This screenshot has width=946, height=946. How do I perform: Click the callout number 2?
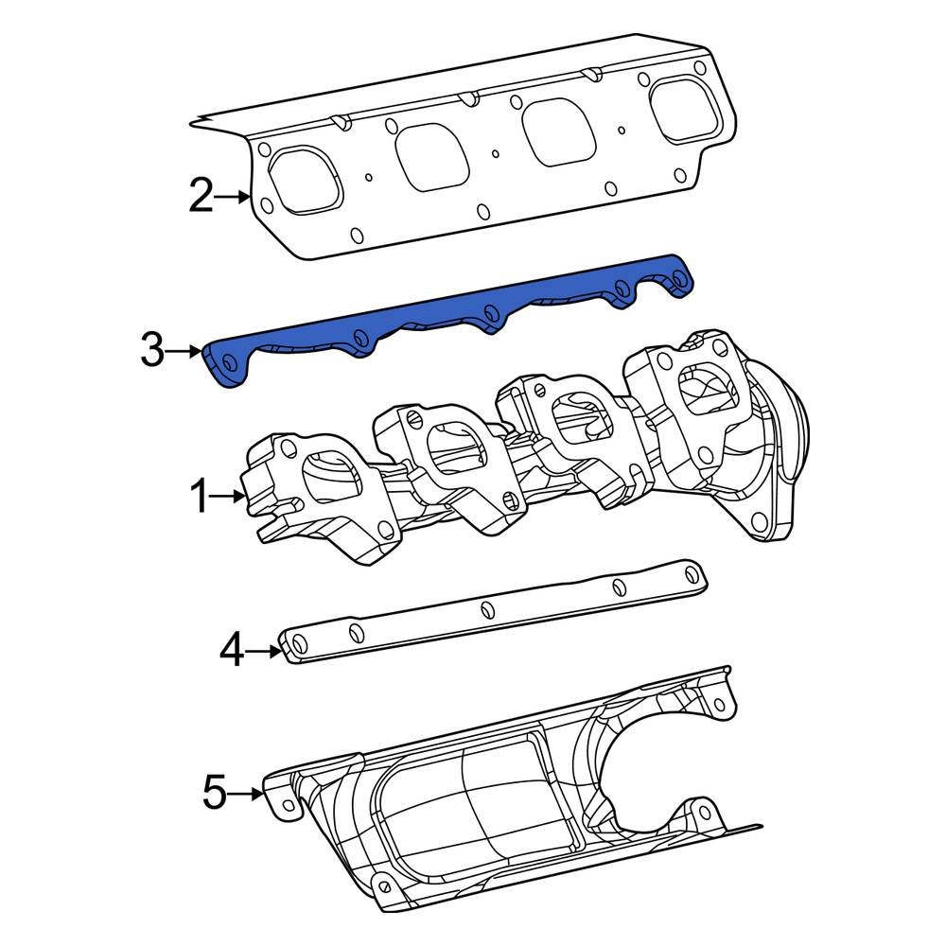tap(201, 197)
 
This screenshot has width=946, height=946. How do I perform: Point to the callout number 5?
tap(216, 793)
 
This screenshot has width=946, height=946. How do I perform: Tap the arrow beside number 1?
tap(228, 496)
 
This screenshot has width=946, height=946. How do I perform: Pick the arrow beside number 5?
tap(247, 794)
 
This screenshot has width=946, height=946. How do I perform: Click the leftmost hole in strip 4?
tap(297, 645)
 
